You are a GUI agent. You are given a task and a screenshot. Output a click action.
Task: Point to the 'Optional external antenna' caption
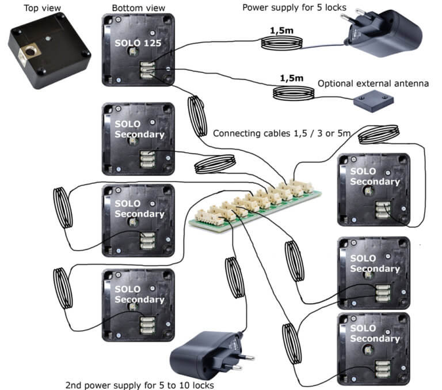pyautogui.click(x=373, y=84)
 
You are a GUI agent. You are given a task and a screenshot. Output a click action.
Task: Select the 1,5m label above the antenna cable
pyautogui.click(x=291, y=78)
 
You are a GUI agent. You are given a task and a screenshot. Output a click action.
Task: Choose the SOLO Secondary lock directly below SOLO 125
pyautogui.click(x=137, y=138)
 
